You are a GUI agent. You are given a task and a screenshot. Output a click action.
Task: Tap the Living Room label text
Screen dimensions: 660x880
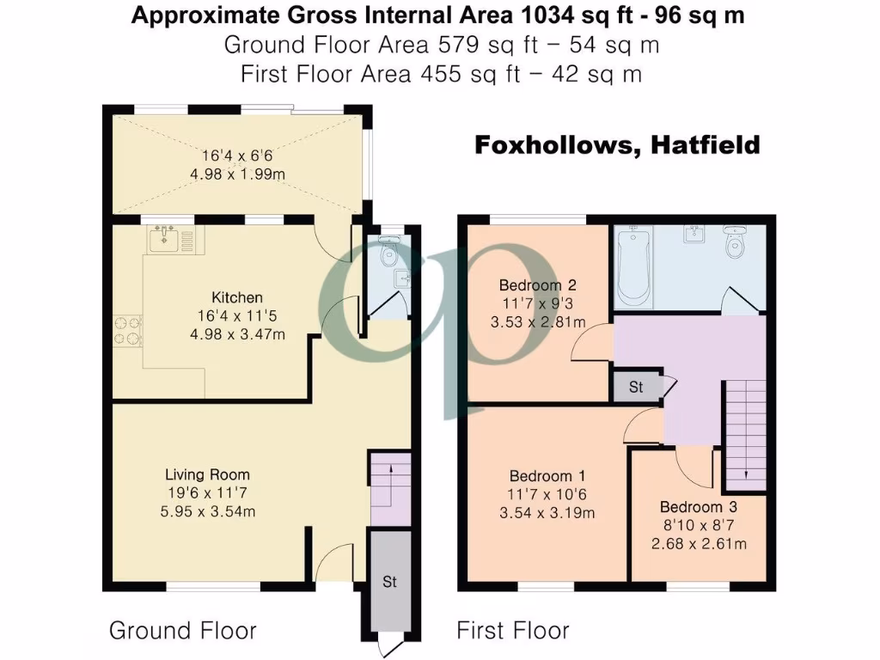(207, 474)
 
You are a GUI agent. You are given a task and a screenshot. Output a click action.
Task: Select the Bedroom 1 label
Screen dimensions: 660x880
(541, 477)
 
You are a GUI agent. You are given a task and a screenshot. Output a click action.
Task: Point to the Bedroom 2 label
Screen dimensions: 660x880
(530, 285)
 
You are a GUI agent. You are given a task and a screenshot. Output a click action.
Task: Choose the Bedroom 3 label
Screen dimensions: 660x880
(697, 507)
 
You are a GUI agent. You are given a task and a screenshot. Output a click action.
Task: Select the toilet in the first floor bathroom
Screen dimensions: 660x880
(736, 242)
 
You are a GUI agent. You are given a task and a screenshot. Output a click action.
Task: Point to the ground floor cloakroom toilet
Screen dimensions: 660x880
(389, 251)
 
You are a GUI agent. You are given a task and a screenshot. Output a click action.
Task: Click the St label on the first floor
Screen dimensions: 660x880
(635, 388)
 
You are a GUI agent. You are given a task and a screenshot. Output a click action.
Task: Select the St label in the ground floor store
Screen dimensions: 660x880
(389, 582)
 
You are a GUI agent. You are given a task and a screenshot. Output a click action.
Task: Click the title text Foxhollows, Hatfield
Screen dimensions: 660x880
(618, 145)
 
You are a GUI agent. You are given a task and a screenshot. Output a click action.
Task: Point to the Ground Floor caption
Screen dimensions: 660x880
(182, 631)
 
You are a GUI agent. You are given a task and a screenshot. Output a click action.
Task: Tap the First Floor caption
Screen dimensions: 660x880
(512, 631)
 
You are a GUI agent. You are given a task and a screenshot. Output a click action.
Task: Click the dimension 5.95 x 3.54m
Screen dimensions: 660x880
(207, 511)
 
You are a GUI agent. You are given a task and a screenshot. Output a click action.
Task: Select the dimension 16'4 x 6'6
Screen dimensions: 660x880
(237, 156)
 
